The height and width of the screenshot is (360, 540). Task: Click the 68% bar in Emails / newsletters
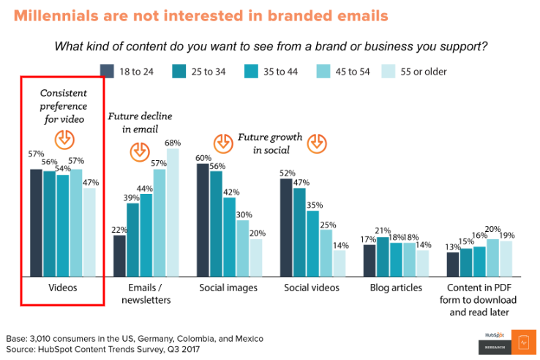[x=173, y=212]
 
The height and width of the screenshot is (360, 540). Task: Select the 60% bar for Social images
[x=203, y=220]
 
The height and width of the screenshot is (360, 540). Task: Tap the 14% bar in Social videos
[x=340, y=263]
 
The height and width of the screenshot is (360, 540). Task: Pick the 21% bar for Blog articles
[x=382, y=256]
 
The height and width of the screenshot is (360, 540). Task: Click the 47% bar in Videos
[x=89, y=232]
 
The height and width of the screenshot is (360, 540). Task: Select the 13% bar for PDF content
[x=453, y=263]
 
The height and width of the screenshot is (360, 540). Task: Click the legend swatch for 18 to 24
[x=107, y=71]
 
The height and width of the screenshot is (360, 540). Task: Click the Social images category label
[x=228, y=288]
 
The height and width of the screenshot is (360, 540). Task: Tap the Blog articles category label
[x=396, y=288]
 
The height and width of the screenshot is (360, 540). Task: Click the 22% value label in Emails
[x=119, y=230]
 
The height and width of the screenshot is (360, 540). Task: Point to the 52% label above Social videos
[x=287, y=173]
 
